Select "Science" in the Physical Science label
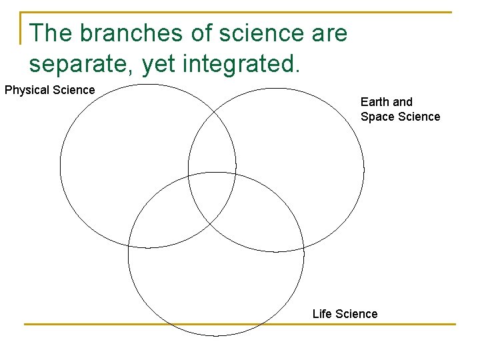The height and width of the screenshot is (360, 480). pyautogui.click(x=73, y=90)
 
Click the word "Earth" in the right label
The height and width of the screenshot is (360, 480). pyautogui.click(x=375, y=102)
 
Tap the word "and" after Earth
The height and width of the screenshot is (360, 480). pyautogui.click(x=403, y=102)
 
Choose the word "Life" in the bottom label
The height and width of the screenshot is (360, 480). pyautogui.click(x=323, y=313)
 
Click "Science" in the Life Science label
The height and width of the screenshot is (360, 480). pyautogui.click(x=357, y=313)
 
